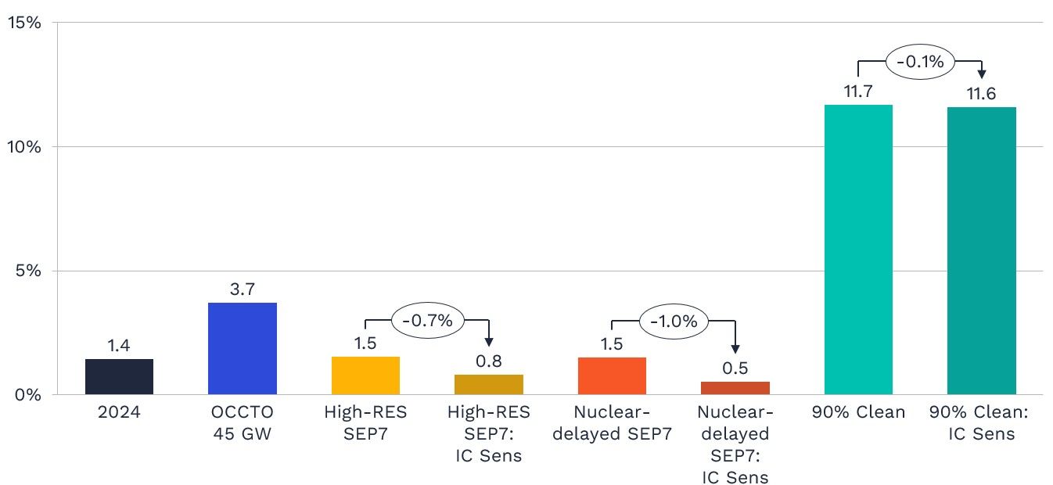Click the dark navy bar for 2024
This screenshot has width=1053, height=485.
coord(119,376)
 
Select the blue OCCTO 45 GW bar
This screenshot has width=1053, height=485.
coord(242,349)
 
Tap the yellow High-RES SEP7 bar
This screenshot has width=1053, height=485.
coord(365,375)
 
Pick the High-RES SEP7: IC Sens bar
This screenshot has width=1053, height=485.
coord(489,385)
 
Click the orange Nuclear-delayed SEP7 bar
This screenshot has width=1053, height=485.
coord(612,375)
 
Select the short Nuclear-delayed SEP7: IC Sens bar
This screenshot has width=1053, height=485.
coord(735,388)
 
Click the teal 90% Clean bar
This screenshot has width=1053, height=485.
coord(858,250)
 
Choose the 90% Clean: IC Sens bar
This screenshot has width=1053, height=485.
coord(981,251)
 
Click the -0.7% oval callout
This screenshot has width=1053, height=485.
coord(427,321)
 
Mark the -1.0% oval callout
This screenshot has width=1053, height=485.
coord(674,321)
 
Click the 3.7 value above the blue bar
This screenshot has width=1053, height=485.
coord(243,289)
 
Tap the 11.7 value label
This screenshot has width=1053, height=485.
coord(858,92)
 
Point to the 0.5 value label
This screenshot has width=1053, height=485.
coord(735,368)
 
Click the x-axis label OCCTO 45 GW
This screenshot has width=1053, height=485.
coord(242,422)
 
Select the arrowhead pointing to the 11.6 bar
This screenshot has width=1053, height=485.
coord(981,74)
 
